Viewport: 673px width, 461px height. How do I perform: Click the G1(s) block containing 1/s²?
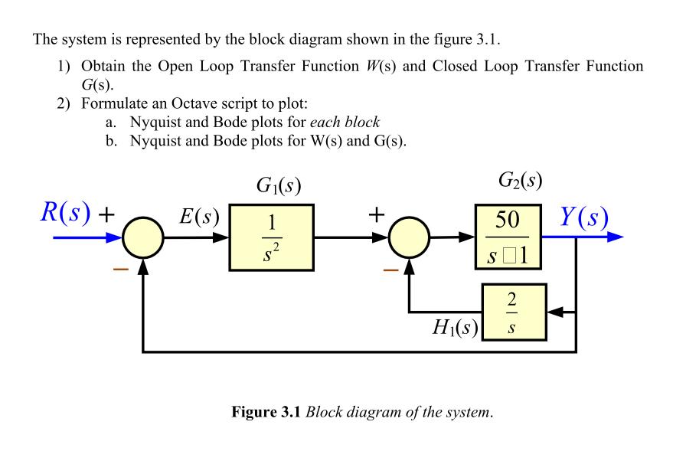270,237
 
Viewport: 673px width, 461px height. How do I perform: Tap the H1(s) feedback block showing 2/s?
514,312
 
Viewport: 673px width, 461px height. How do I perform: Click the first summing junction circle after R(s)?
143,237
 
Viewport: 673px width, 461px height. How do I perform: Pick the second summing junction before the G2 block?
410,237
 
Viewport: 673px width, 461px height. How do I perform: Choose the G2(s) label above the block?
520,181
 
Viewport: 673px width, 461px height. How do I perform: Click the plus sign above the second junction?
375,215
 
